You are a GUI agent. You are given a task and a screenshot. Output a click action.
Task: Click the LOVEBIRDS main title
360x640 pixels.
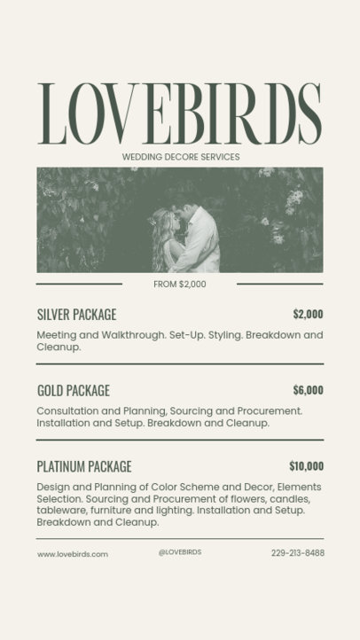[180, 114]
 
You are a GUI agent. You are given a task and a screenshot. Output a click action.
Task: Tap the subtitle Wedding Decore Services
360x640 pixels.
[180, 157]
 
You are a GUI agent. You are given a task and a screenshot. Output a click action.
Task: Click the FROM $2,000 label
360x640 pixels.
[180, 285]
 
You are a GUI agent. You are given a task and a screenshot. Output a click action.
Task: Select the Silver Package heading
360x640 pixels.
[76, 315]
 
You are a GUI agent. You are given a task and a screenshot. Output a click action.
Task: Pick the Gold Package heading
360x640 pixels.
[74, 390]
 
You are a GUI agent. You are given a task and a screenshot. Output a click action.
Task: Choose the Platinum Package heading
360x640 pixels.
[84, 466]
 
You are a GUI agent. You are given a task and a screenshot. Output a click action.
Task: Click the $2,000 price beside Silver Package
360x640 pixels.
[308, 314]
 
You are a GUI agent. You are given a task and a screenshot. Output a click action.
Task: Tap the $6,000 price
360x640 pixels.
[308, 390]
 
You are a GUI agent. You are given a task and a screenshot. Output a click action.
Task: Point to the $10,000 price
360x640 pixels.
[306, 466]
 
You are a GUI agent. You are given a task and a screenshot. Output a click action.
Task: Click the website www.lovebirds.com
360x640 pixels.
[73, 554]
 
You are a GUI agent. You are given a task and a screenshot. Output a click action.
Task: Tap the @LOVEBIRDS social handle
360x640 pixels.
[180, 552]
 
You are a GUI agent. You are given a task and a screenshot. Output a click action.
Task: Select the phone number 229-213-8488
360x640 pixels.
[298, 553]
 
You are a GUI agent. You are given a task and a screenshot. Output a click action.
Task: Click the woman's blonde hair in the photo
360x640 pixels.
[162, 234]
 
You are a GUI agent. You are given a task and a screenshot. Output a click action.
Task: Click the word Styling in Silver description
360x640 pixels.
[222, 336]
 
